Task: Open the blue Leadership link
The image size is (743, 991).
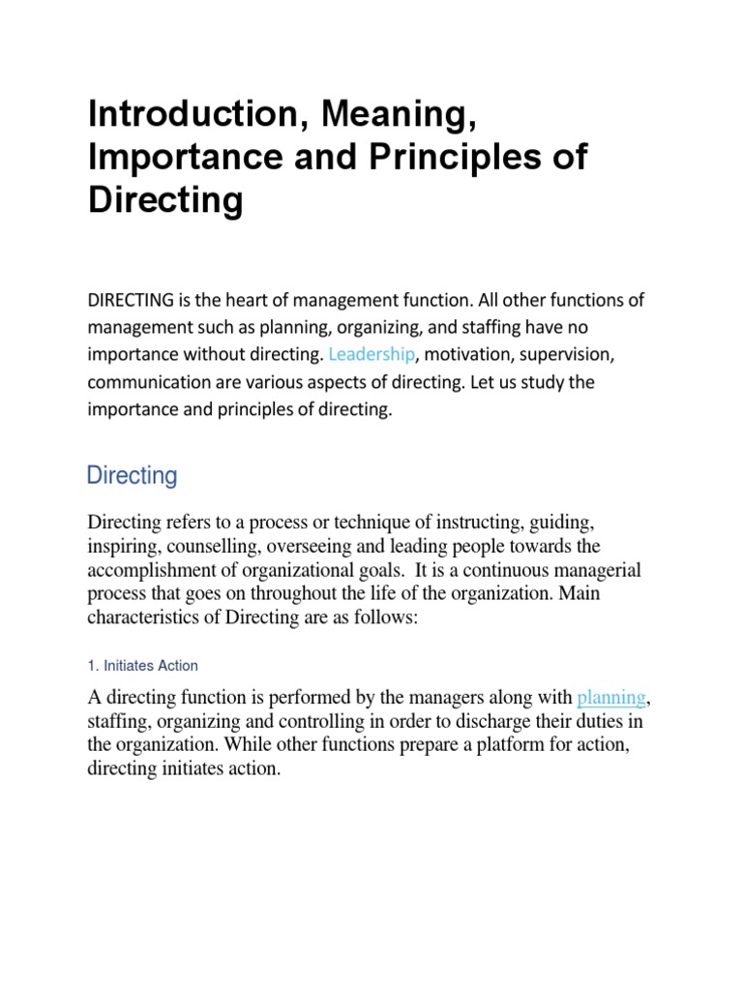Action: [372, 354]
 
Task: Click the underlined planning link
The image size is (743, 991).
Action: [610, 697]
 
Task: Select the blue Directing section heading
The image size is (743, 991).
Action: [133, 476]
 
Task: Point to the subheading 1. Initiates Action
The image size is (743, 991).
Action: [143, 666]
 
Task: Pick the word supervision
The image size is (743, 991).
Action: [572, 354]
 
